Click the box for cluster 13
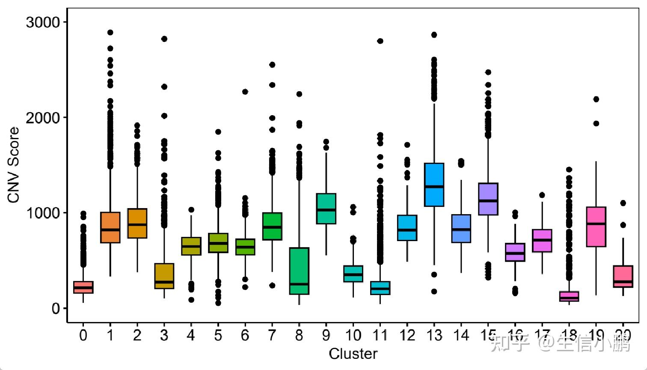click(x=434, y=185)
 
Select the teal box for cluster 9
click(x=326, y=209)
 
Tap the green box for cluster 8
click(x=299, y=271)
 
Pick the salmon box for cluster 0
click(x=83, y=287)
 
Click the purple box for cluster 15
click(x=488, y=199)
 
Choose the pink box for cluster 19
click(x=596, y=227)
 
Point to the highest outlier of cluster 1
click(x=110, y=33)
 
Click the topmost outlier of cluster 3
click(x=164, y=39)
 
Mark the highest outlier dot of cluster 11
click(x=380, y=41)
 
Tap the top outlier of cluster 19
click(x=596, y=99)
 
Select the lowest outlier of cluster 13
click(x=434, y=292)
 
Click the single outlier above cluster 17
click(x=542, y=195)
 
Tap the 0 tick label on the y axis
click(x=56, y=308)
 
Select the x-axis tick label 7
click(x=272, y=335)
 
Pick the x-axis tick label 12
click(x=407, y=335)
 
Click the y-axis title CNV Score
click(x=14, y=165)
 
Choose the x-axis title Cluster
click(x=353, y=354)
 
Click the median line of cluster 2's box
click(x=137, y=224)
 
